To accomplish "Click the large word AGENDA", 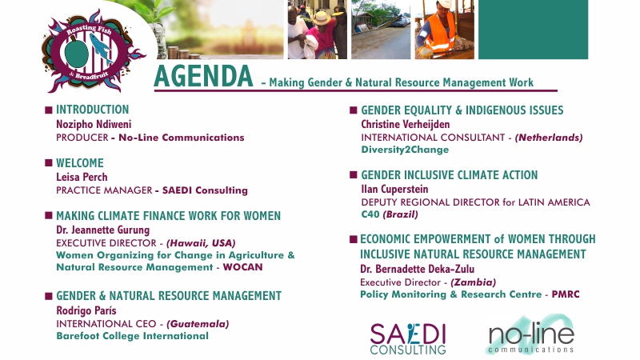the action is (x=203, y=76).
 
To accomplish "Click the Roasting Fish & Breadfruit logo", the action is (x=93, y=51).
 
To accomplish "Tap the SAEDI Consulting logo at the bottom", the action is (x=408, y=338).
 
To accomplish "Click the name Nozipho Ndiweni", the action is (x=94, y=124).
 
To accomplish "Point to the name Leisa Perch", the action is (x=82, y=177).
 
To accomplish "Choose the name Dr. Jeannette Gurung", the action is (x=103, y=230).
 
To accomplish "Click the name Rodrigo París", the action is (x=86, y=310).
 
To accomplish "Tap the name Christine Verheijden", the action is (x=406, y=124).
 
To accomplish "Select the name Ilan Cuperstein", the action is (x=394, y=189).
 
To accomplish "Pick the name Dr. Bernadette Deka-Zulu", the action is (x=417, y=269).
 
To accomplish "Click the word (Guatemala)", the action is (x=198, y=324).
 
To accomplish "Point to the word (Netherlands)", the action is (x=549, y=138).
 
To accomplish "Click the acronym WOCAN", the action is (x=243, y=267).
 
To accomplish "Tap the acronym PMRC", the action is (x=566, y=294).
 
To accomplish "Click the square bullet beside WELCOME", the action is (x=49, y=163).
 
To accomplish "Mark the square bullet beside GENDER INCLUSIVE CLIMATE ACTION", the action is (x=354, y=175).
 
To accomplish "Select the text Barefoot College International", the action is (x=132, y=336).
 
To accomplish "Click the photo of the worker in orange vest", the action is (x=445, y=30).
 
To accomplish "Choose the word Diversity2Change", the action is (x=405, y=150).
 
